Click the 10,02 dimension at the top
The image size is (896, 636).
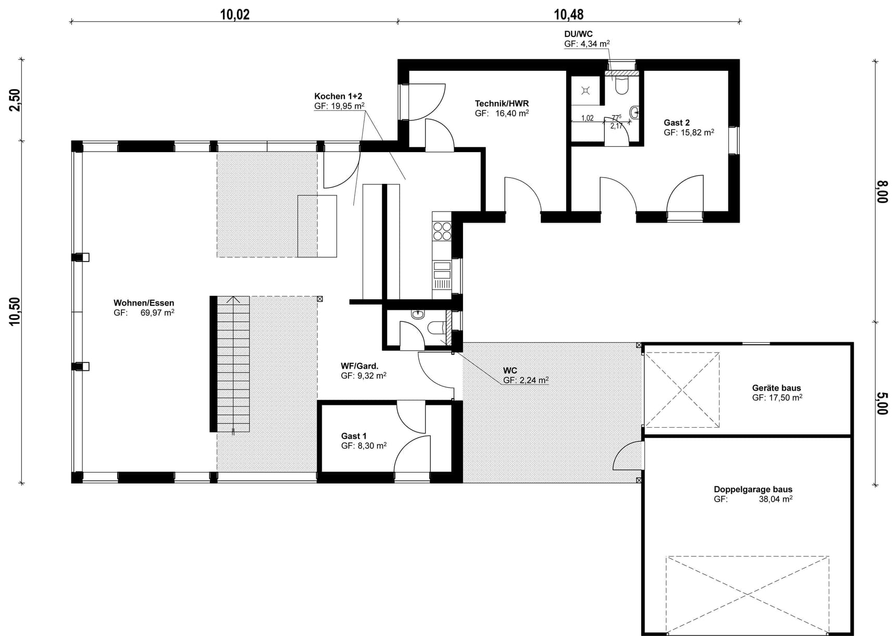[x=234, y=14]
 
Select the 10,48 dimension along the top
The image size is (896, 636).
[x=568, y=14]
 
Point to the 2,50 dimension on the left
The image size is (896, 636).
[x=15, y=100]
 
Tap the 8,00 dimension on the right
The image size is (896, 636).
[x=882, y=192]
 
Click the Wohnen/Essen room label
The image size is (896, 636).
[x=144, y=303]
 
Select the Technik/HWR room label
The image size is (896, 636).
[x=502, y=103]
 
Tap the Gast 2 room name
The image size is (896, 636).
[x=677, y=122]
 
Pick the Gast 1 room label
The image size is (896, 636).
[x=354, y=436]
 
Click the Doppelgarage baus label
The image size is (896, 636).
[x=753, y=489]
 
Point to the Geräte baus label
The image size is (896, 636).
[x=776, y=388]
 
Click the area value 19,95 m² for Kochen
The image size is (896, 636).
[x=347, y=106]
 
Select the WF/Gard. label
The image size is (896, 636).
[x=359, y=366]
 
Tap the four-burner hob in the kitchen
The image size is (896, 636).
[x=442, y=231]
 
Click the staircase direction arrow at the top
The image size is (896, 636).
[x=233, y=300]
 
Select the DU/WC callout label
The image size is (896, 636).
[x=578, y=34]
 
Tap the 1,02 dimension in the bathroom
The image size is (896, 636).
[x=587, y=118]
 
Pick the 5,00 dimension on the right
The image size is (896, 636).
[x=882, y=403]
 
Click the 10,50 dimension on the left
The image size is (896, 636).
[x=15, y=311]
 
